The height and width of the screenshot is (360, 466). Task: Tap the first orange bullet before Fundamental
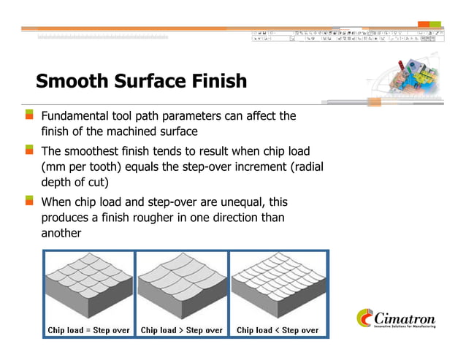29,115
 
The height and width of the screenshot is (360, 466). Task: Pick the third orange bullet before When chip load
29,199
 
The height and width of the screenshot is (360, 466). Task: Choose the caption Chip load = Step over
88,330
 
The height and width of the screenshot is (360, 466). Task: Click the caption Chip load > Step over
182,330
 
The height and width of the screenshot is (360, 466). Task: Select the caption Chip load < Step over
278,330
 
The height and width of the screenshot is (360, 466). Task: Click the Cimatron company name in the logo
405,319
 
